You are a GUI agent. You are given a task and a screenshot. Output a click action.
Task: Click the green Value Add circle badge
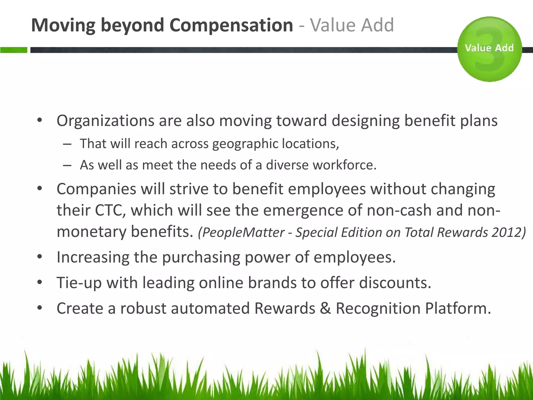(x=489, y=49)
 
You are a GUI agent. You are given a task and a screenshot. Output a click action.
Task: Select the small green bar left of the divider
(x=14, y=50)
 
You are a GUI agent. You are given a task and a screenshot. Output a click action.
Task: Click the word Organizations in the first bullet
(x=105, y=121)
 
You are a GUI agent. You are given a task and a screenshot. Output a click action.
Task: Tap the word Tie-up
(x=79, y=283)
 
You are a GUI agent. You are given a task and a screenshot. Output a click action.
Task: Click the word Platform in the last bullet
(x=458, y=308)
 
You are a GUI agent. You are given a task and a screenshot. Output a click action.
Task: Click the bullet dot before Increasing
(x=40, y=257)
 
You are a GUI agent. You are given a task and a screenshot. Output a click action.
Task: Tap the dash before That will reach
(x=67, y=144)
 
